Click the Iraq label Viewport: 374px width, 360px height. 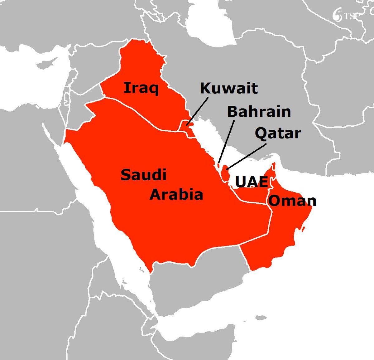[141, 88]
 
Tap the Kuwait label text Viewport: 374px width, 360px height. [229, 88]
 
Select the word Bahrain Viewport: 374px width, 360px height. [259, 112]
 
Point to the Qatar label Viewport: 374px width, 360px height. [278, 133]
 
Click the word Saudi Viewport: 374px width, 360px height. [143, 175]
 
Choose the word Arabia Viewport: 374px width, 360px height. [176, 195]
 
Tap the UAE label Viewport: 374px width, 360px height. [251, 182]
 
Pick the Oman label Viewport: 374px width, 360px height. [292, 201]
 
